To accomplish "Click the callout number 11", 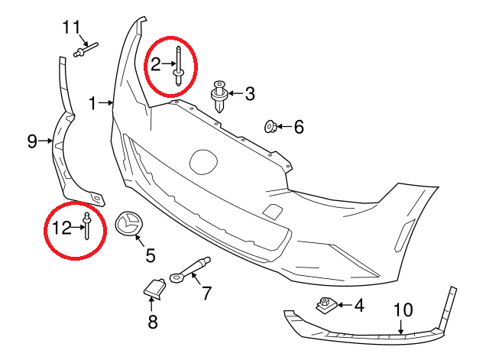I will pyautogui.click(x=71, y=28).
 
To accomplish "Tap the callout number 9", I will pyautogui.click(x=32, y=141).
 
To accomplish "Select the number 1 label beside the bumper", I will pyautogui.click(x=93, y=102).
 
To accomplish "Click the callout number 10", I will pyautogui.click(x=402, y=310).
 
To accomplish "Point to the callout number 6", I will pyautogui.click(x=298, y=127).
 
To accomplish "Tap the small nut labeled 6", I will pyautogui.click(x=270, y=125).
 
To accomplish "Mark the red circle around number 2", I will pyautogui.click(x=170, y=65).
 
